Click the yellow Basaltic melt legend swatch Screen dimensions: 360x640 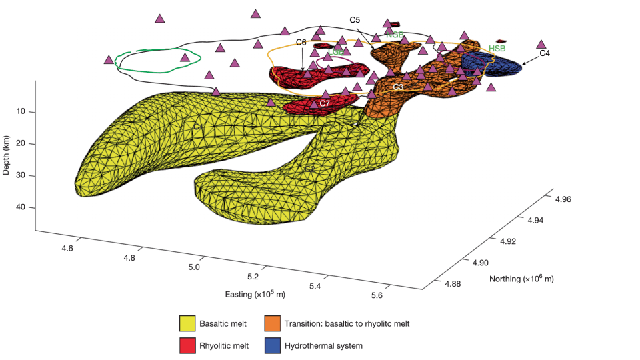click(x=188, y=324)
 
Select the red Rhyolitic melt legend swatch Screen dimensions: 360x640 click(x=188, y=346)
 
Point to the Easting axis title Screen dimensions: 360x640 click(x=255, y=294)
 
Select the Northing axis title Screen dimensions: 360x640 click(x=521, y=278)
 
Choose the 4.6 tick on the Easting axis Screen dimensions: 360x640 click(x=66, y=248)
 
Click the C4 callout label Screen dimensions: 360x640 click(x=545, y=53)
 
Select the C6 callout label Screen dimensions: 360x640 click(x=301, y=42)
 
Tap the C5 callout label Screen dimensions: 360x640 click(x=355, y=20)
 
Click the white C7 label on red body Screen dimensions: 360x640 click(x=325, y=103)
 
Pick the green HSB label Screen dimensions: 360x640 click(x=497, y=49)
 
